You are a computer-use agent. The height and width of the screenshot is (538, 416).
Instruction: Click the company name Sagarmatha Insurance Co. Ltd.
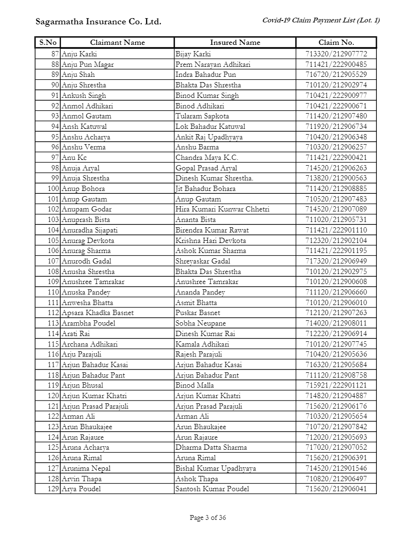(x=98, y=22)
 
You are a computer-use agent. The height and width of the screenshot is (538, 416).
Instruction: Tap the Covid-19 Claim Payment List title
(x=321, y=20)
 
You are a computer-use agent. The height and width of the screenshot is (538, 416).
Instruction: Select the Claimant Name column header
(x=117, y=42)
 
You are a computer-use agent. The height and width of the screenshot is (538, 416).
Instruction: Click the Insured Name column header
(x=235, y=42)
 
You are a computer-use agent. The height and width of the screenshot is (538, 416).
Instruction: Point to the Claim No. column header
(x=336, y=42)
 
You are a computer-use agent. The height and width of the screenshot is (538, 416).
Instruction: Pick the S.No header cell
(x=48, y=42)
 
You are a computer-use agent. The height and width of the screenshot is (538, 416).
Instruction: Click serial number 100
(x=53, y=189)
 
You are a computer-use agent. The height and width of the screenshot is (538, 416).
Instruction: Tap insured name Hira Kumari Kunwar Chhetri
(x=222, y=209)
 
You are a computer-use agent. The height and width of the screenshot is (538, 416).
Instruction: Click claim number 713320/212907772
(x=336, y=54)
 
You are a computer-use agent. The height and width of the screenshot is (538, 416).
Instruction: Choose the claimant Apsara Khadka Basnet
(x=97, y=313)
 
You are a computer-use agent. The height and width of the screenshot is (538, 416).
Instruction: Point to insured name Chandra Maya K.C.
(x=206, y=158)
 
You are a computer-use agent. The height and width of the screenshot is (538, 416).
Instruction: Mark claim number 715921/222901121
(x=336, y=385)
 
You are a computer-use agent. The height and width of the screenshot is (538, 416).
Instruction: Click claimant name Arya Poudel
(x=81, y=489)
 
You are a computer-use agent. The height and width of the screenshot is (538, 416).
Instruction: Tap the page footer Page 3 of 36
(x=208, y=517)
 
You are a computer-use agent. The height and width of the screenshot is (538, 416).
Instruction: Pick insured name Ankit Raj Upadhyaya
(x=209, y=137)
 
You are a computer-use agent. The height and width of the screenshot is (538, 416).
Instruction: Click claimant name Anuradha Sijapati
(x=89, y=230)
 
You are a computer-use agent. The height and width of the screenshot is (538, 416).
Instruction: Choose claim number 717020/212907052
(x=336, y=447)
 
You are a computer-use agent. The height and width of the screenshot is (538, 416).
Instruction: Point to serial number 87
(x=55, y=54)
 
